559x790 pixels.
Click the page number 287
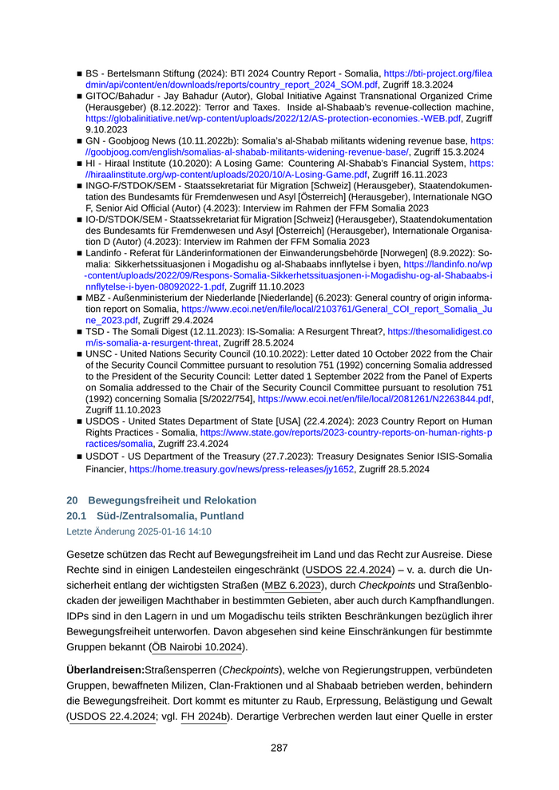pyautogui.click(x=279, y=748)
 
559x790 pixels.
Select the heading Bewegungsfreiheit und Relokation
pyautogui.click(x=172, y=500)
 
